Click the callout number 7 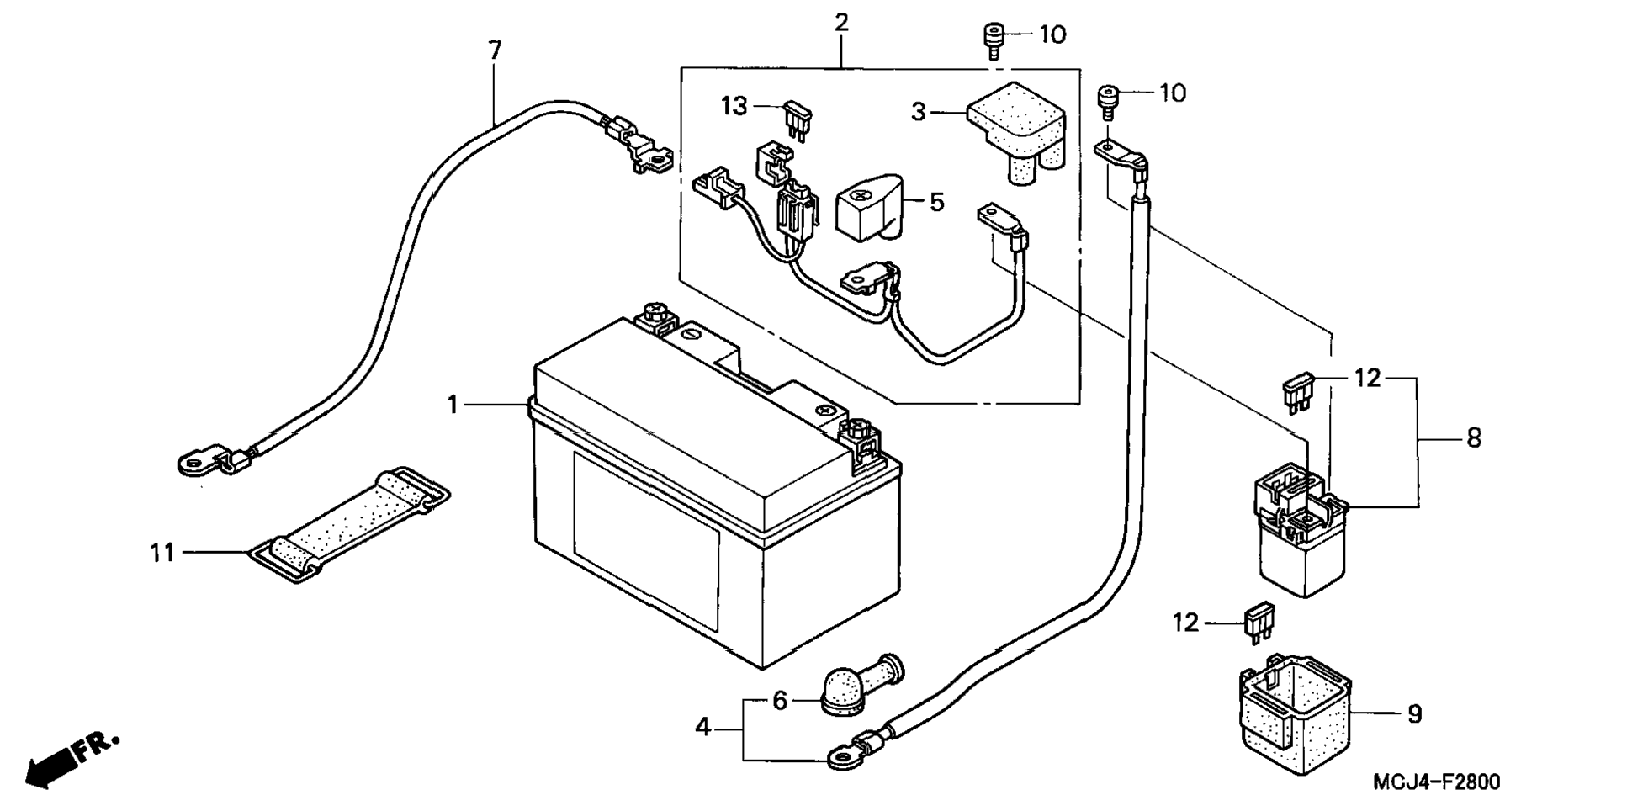click(495, 51)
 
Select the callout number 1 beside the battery click(453, 405)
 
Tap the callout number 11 click(162, 553)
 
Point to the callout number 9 click(1414, 714)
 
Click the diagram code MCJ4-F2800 click(1436, 782)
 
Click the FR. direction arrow click(71, 761)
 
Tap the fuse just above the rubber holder click(1259, 623)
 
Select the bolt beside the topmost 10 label click(994, 40)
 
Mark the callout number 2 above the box click(841, 23)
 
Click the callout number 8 click(1473, 437)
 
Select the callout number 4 click(703, 726)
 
